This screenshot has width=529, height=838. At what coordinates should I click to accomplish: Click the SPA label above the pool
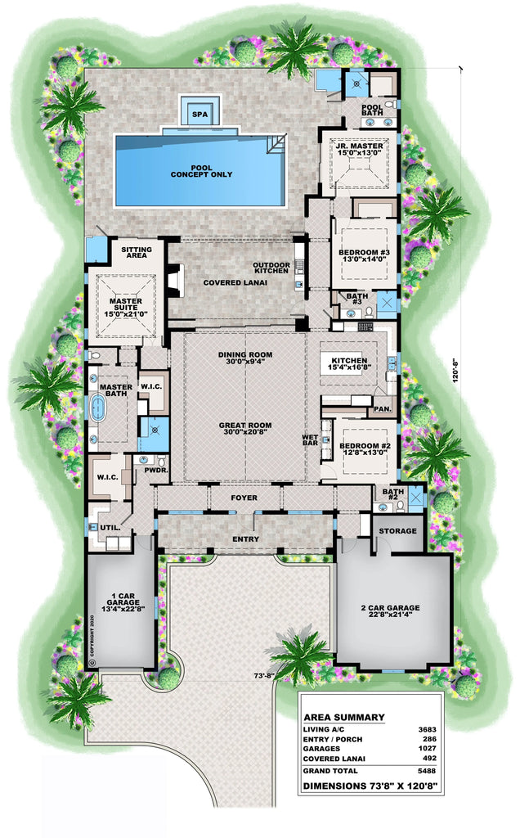point(199,115)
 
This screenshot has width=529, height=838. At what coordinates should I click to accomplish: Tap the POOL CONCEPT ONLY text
point(201,170)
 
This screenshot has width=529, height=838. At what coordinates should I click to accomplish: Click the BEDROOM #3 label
point(364,257)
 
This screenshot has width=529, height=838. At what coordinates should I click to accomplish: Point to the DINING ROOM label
point(244,354)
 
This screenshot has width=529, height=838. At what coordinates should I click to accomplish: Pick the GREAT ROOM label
point(244,430)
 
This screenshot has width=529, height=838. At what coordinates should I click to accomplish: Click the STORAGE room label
point(396,531)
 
